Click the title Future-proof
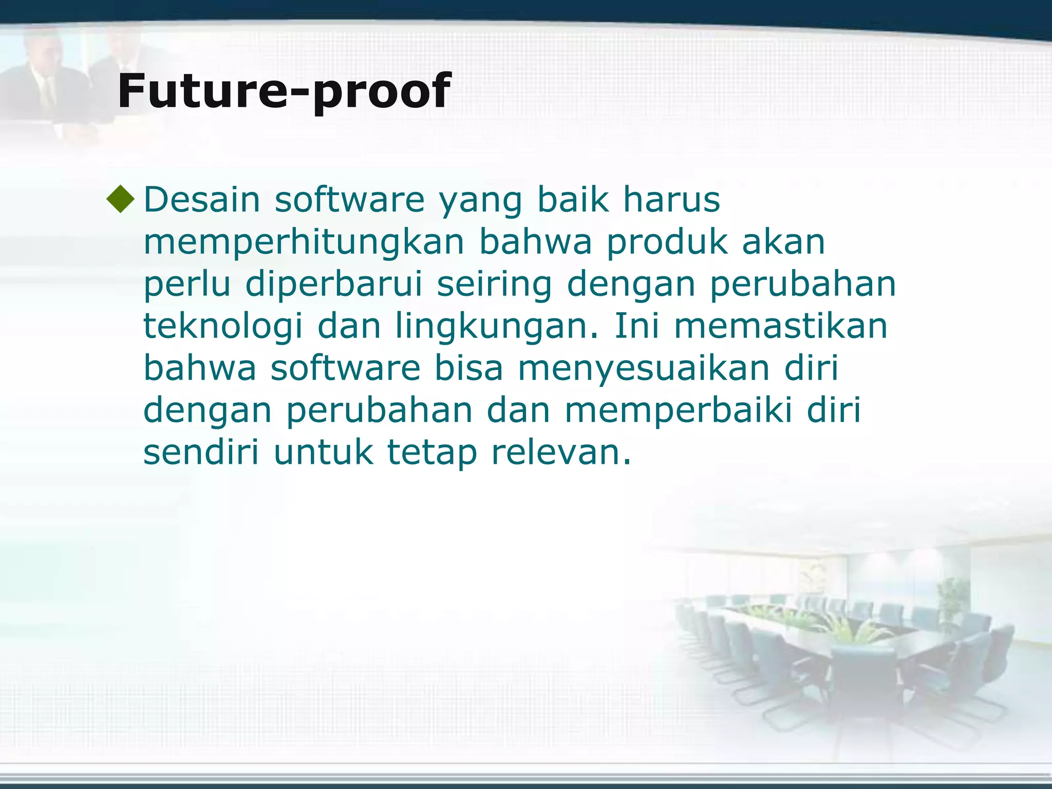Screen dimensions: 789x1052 (284, 91)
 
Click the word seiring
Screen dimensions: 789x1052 (494, 284)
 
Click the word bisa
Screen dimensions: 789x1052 (468, 368)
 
